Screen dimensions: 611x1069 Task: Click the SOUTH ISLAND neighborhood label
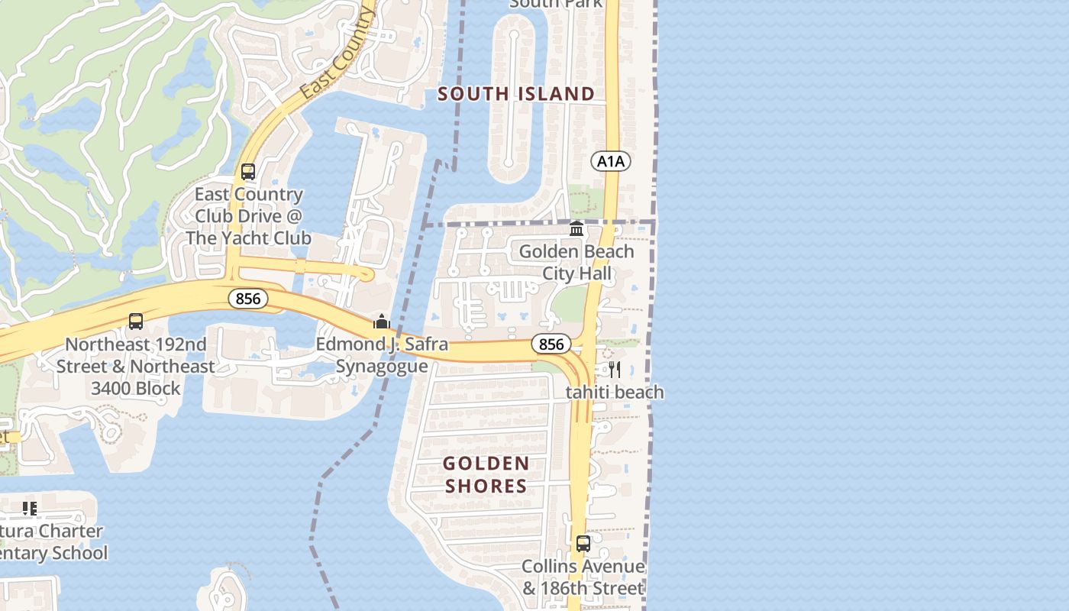point(516,94)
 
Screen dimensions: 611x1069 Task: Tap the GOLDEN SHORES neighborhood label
point(486,474)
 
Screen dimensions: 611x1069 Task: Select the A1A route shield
point(611,161)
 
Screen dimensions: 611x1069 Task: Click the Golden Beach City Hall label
point(576,262)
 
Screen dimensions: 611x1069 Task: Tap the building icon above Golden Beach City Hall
point(576,229)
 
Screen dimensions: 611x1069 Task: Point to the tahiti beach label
point(615,393)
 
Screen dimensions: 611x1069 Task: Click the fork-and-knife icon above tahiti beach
point(615,370)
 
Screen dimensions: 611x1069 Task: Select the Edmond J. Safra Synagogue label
point(382,355)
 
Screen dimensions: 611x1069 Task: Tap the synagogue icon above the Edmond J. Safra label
point(382,322)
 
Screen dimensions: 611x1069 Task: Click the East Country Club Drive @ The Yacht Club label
point(248,216)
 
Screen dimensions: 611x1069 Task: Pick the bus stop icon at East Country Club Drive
point(248,172)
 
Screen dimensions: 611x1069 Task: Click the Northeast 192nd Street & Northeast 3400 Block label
point(136,367)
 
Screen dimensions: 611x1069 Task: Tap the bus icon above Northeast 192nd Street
point(136,322)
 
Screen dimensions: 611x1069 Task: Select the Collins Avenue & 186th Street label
point(583,577)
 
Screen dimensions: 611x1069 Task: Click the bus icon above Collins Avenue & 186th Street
point(583,544)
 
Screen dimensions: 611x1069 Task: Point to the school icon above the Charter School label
point(30,509)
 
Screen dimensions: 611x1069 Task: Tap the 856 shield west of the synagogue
point(248,299)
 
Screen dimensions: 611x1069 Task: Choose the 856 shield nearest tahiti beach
point(551,344)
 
